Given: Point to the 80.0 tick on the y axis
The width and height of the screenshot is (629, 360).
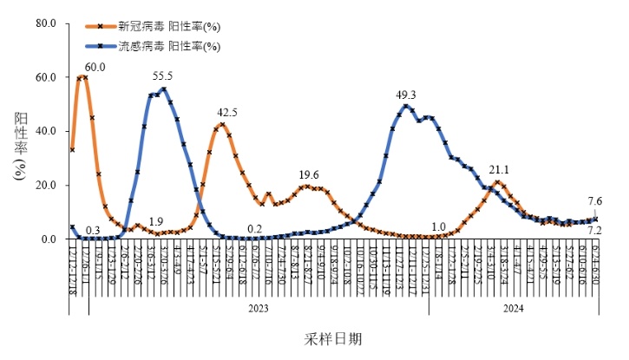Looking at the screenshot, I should point(46,23).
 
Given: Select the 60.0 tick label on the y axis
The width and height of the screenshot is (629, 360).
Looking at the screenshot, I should point(46,77).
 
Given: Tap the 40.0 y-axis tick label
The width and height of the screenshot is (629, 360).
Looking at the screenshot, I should point(46,131).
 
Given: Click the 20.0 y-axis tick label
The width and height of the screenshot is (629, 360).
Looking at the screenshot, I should point(46,185).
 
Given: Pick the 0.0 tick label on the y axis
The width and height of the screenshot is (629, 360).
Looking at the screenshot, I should point(49,239).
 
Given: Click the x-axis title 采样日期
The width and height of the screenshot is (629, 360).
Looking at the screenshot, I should point(334,337).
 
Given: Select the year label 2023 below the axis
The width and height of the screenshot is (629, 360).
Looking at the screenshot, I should point(257,308).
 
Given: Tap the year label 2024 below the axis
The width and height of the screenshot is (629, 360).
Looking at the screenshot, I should point(513,308).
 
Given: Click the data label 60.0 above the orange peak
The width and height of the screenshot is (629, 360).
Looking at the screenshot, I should point(95,67).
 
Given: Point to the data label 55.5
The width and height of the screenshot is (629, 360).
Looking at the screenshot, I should point(162,76).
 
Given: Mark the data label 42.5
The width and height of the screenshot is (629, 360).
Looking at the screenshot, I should point(227,112).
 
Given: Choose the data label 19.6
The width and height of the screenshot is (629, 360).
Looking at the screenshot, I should point(310,174).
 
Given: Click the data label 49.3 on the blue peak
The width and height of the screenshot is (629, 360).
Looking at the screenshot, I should point(406,95).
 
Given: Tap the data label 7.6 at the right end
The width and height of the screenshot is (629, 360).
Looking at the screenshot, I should point(594,201).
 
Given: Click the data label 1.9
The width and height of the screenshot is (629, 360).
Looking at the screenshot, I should point(156,221).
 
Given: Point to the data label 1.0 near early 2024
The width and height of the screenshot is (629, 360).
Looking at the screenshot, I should point(439,226).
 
